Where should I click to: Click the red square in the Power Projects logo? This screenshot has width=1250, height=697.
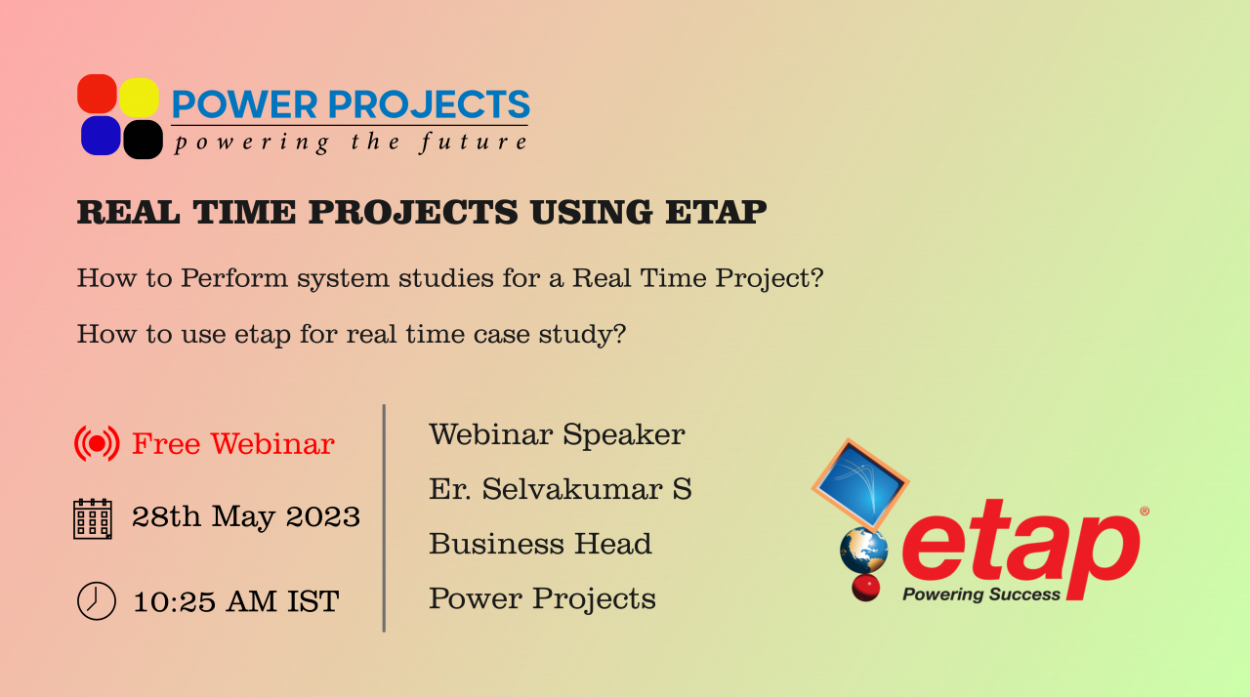(x=97, y=94)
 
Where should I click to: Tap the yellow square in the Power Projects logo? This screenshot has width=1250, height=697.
(x=139, y=98)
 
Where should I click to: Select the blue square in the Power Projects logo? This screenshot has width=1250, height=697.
(x=101, y=136)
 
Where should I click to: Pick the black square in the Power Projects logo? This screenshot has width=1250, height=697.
(x=143, y=140)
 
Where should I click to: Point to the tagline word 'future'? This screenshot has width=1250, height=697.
(x=474, y=143)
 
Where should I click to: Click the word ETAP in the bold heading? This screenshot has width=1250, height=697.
(x=716, y=212)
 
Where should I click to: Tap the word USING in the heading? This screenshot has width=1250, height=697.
(x=592, y=212)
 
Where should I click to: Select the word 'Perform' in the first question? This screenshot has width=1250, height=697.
(x=234, y=277)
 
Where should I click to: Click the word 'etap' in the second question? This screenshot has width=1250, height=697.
(x=263, y=335)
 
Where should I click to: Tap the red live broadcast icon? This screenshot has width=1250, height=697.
(x=97, y=444)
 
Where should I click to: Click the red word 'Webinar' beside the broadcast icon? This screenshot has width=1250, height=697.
(x=272, y=444)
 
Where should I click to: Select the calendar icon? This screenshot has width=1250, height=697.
(x=93, y=519)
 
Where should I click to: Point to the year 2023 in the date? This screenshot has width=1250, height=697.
(x=322, y=516)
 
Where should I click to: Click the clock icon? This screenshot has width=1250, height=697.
(x=97, y=601)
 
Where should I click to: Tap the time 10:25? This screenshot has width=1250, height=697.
(x=174, y=602)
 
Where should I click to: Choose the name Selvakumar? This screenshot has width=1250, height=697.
(x=572, y=489)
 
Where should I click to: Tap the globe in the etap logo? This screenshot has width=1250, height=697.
(x=864, y=551)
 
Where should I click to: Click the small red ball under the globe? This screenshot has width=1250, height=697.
(x=865, y=588)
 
